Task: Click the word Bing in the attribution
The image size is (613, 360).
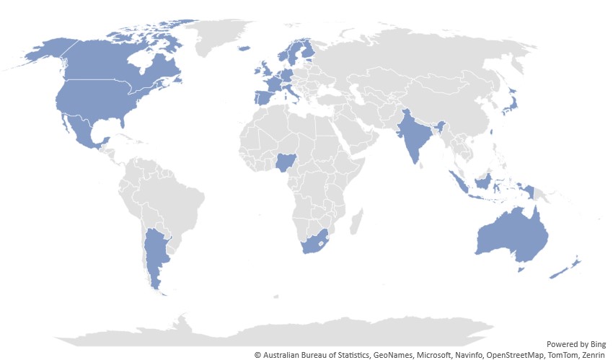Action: [x=596, y=344]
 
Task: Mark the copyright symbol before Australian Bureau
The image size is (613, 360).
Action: [x=257, y=354]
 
